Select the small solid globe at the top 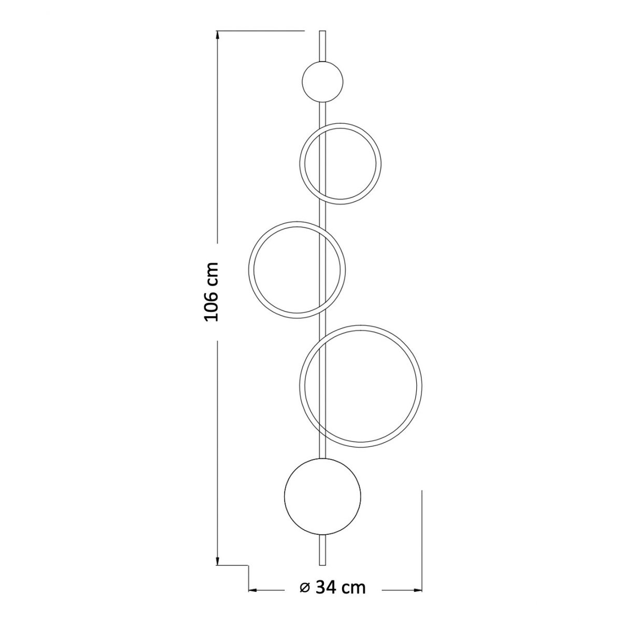tap(322, 81)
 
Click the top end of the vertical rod tap(322, 31)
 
